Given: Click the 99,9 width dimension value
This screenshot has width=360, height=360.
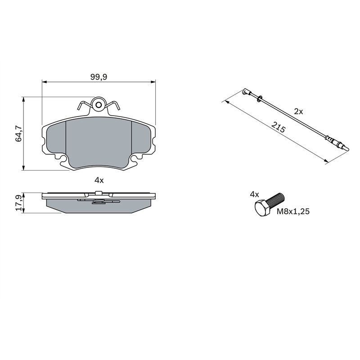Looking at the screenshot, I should tap(98, 77).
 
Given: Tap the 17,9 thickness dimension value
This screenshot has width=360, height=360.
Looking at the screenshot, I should tap(19, 202).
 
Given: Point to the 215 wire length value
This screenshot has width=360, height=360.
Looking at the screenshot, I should tap(279, 128).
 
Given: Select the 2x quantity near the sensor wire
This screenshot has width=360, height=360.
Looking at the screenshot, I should tap(298, 111).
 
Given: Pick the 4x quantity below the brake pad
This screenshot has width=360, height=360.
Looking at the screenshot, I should tap(99, 180).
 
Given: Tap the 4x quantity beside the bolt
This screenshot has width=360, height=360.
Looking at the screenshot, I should tap(255, 194).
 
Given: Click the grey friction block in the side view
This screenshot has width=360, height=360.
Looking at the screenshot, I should tap(99, 207).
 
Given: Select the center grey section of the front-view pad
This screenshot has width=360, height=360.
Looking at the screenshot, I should tap(99, 142).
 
